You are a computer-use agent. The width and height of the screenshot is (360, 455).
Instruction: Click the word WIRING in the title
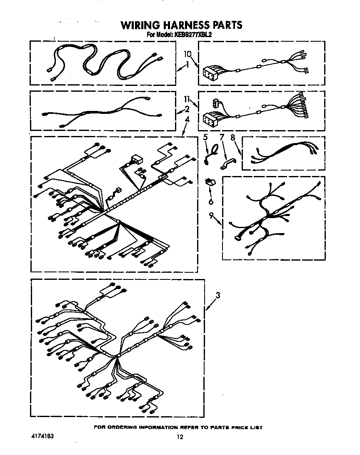point(140,25)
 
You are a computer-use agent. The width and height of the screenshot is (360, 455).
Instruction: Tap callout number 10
point(187,54)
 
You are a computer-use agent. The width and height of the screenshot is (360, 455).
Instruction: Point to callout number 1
point(187,64)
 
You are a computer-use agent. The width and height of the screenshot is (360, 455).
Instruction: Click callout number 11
point(187,99)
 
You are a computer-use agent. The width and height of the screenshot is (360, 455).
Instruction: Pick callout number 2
point(187,109)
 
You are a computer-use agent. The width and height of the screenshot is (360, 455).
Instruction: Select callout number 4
point(187,119)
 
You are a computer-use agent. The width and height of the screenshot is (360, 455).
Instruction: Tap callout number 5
point(205,137)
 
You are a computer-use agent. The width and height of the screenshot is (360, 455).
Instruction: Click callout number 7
point(222,137)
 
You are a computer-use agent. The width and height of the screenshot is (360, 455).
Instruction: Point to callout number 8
point(233,137)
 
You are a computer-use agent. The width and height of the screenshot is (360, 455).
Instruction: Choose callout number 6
point(211,201)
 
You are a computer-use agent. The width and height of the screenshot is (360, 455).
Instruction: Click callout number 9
point(211,215)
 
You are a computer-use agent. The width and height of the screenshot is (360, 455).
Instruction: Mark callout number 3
point(218,295)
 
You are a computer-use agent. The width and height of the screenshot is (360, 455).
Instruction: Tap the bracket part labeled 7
point(227,164)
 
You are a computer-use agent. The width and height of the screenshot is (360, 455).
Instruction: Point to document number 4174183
point(42,436)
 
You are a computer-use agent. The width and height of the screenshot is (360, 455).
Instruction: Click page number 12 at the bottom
point(180,437)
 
